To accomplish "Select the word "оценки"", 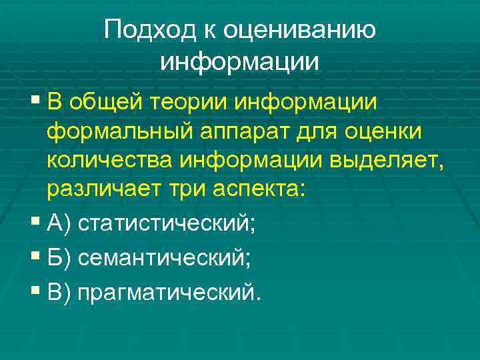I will [x=383, y=132].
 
